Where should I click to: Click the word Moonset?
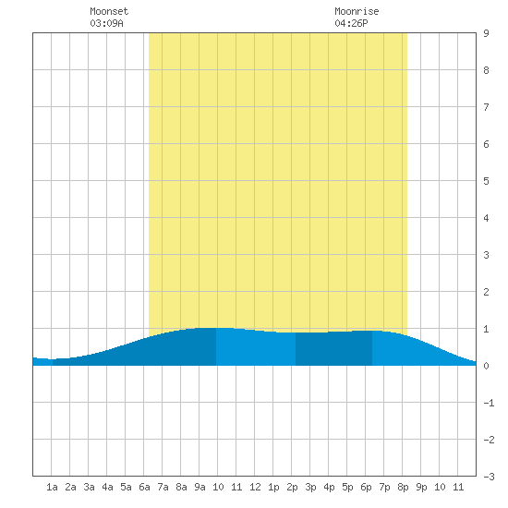[x=109, y=11]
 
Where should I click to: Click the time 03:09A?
[x=106, y=23]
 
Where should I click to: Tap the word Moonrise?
[x=357, y=11]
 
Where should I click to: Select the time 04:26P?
[x=351, y=23]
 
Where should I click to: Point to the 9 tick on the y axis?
[x=486, y=33]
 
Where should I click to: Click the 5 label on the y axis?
[x=486, y=181]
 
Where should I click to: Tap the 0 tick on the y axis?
[x=486, y=366]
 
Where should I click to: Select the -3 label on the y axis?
[x=489, y=477]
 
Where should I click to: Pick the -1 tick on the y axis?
[x=489, y=403]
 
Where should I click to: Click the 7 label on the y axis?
[x=486, y=107]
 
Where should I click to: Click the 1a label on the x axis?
[x=52, y=487]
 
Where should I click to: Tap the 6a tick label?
[x=144, y=487]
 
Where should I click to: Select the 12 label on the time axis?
[x=255, y=487]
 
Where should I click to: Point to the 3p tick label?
[x=310, y=487]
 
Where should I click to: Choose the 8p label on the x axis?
[x=403, y=487]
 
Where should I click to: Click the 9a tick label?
[x=200, y=487]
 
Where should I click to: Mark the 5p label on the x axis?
[x=347, y=487]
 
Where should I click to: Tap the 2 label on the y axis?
[x=486, y=292]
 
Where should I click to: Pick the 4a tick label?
[x=107, y=487]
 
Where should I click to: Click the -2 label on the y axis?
[x=489, y=440]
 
